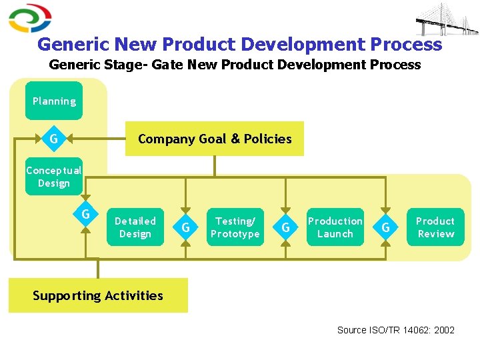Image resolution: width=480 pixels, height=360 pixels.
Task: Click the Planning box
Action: (54, 101)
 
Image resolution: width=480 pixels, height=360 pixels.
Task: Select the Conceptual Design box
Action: (54, 177)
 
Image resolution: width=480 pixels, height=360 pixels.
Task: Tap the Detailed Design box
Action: (135, 227)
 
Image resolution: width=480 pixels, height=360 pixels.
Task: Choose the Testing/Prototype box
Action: (235, 227)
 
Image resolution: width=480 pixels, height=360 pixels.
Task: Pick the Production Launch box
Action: (335, 227)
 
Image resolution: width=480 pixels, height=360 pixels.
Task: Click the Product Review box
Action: (435, 227)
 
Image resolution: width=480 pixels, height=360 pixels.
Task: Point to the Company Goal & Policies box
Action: (214, 139)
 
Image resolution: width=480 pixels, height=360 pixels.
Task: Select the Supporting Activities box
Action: (98, 295)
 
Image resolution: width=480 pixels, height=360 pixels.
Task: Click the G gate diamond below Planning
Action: (53, 139)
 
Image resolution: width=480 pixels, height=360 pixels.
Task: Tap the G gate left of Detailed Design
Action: (85, 215)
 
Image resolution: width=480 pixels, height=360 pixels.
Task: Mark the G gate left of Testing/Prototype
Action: (185, 228)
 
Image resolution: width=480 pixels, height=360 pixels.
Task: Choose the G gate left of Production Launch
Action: (285, 228)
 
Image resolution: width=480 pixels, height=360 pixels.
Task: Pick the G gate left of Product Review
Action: (385, 228)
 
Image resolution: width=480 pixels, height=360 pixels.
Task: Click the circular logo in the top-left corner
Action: (30, 18)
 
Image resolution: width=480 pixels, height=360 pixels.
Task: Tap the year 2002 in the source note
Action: (444, 330)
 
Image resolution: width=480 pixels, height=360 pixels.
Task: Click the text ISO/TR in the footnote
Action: (385, 330)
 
